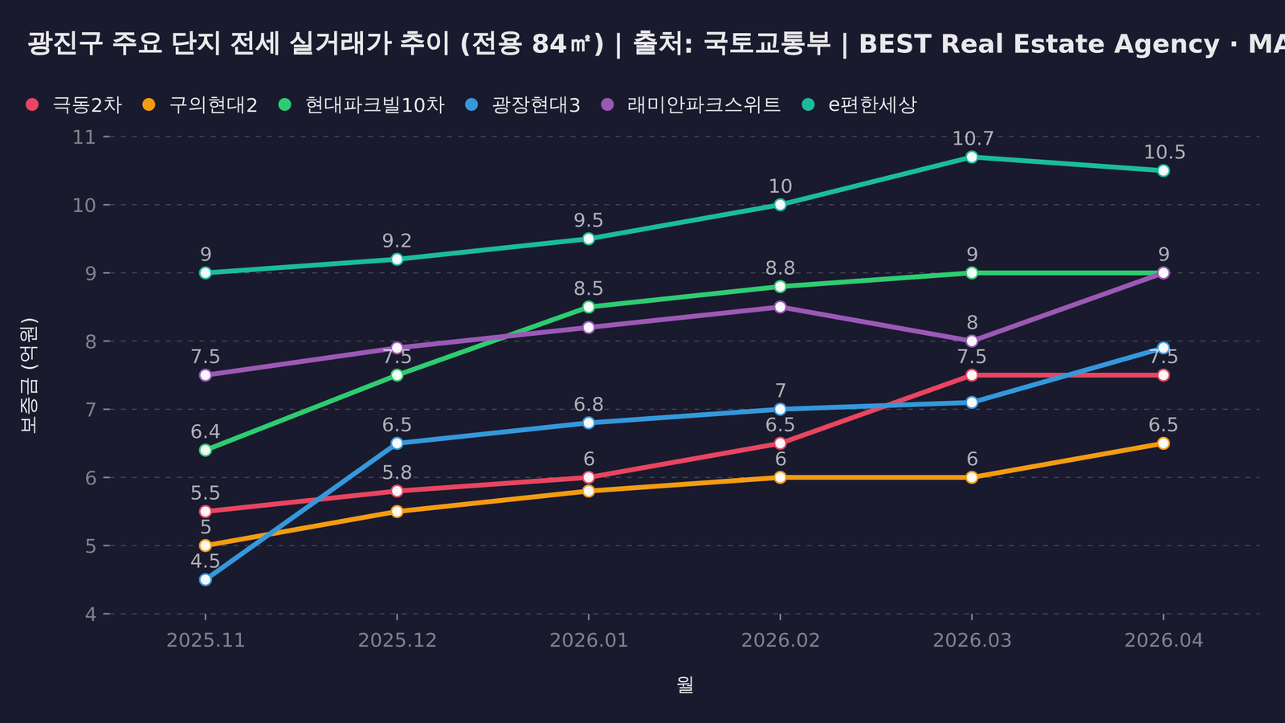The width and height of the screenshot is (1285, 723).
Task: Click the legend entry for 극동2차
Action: click(x=74, y=105)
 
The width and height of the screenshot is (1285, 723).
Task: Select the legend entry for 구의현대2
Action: click(x=200, y=105)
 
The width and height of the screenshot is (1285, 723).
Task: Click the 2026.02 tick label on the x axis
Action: click(x=780, y=640)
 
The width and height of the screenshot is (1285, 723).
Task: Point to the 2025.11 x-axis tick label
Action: click(x=205, y=640)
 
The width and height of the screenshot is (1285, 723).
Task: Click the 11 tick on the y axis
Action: click(x=84, y=137)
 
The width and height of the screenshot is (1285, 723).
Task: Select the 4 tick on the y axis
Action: click(x=90, y=614)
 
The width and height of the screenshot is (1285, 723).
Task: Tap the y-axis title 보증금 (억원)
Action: click(x=29, y=375)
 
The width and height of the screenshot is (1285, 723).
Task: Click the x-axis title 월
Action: click(x=684, y=685)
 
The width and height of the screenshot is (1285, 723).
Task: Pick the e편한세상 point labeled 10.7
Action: click(x=972, y=157)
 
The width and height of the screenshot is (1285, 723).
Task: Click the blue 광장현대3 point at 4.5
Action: click(x=205, y=579)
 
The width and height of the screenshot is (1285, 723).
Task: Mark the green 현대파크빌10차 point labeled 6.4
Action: click(x=205, y=450)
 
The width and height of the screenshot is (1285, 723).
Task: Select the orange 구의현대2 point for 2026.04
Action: click(x=1163, y=443)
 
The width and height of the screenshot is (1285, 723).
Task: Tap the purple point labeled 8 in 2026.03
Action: click(x=972, y=341)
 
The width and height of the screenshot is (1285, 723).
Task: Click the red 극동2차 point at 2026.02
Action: click(x=780, y=443)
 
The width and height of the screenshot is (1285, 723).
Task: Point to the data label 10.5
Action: click(x=1164, y=153)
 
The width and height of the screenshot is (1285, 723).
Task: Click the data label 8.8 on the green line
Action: click(x=780, y=268)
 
